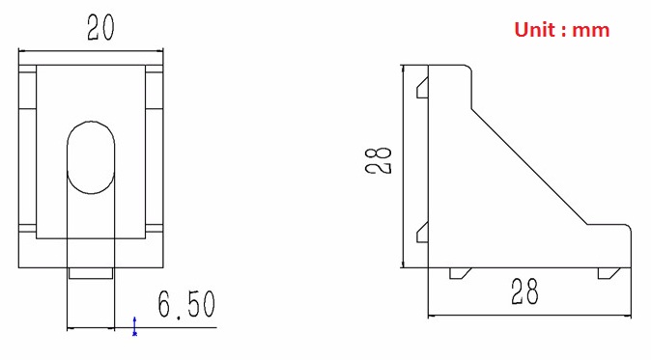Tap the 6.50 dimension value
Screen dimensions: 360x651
[x=186, y=306]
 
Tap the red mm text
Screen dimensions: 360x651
[x=592, y=30]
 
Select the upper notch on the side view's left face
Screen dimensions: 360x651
[x=422, y=89]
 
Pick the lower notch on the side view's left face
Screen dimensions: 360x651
[x=422, y=232]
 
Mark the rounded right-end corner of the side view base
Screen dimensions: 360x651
[x=633, y=232]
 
